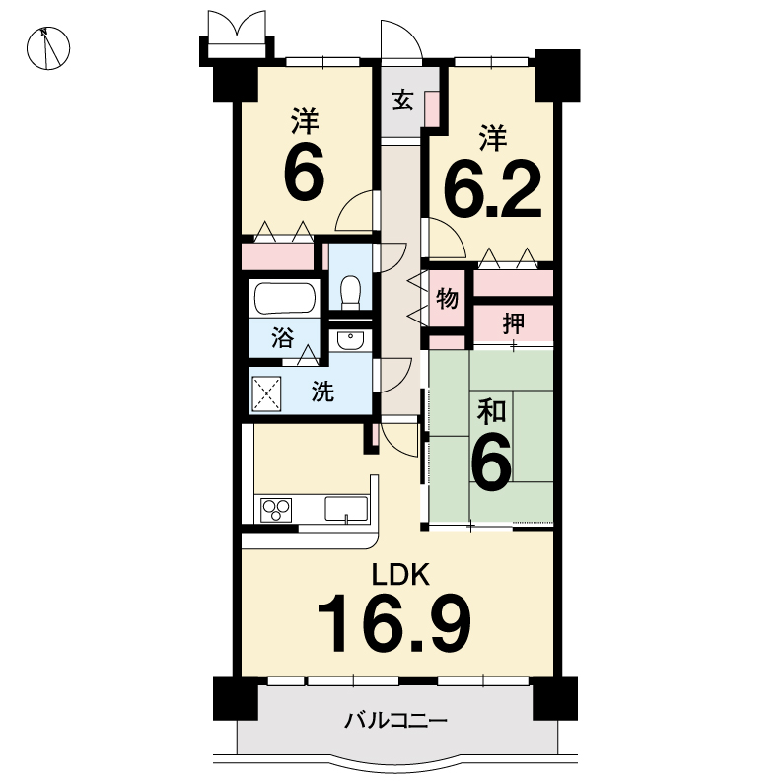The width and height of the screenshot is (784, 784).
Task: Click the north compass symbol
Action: click(x=48, y=48)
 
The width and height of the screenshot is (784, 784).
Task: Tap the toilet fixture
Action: click(x=350, y=292)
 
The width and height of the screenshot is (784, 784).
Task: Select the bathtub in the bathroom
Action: click(x=285, y=299)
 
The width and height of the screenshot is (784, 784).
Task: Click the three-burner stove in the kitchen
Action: click(x=276, y=510)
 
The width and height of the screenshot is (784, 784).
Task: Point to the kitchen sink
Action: click(x=346, y=509)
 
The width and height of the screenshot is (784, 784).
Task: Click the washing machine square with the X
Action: click(x=267, y=394)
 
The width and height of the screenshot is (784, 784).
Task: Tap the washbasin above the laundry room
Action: click(x=350, y=341)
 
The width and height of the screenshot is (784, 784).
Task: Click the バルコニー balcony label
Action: click(x=395, y=721)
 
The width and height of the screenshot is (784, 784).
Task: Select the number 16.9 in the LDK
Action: click(x=393, y=624)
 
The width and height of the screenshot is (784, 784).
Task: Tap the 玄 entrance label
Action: click(x=402, y=101)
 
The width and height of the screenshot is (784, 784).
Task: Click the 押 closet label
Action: click(x=514, y=323)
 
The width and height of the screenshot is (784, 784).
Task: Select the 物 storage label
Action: click(x=447, y=299)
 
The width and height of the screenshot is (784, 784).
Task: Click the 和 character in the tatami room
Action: click(x=491, y=412)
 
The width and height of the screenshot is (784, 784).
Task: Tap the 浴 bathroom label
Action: click(x=283, y=338)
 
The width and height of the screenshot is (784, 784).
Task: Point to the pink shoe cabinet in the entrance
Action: click(x=431, y=108)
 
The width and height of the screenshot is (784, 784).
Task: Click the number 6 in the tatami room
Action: click(x=491, y=461)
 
